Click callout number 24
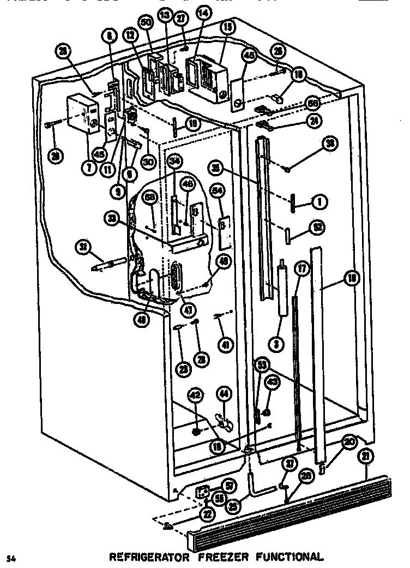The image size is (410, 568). point(313,122)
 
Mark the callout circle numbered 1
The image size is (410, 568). point(319,202)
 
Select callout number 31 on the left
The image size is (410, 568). point(83,248)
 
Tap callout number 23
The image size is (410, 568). point(184,369)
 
